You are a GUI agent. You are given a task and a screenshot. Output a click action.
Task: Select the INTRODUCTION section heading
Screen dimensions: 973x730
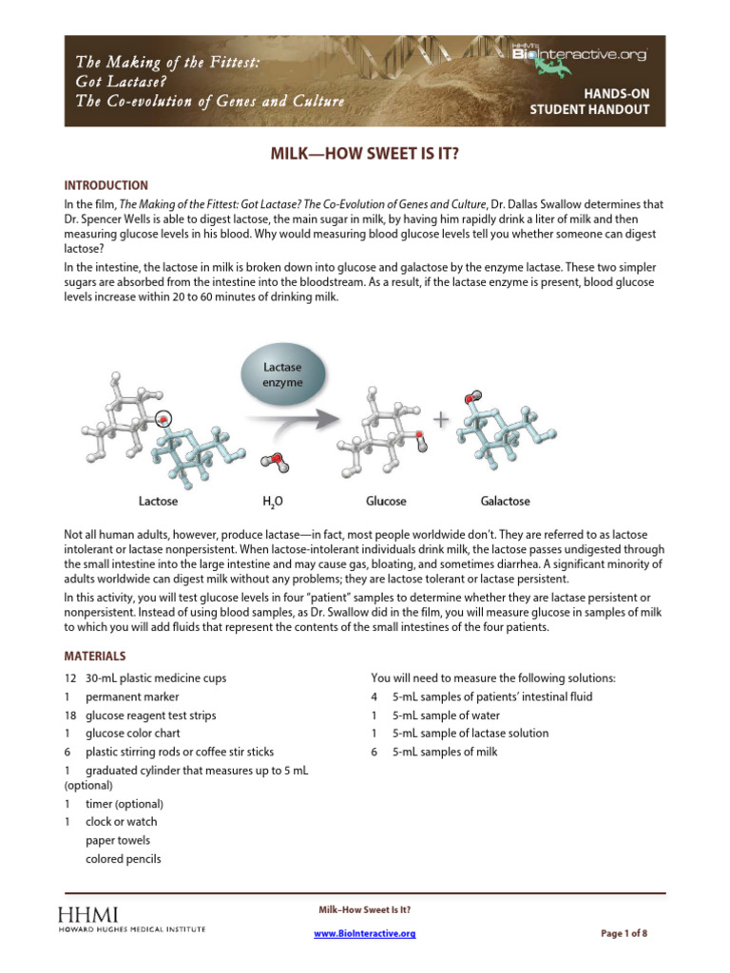tap(106, 185)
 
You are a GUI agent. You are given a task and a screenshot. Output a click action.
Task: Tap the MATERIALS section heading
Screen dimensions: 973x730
tap(94, 657)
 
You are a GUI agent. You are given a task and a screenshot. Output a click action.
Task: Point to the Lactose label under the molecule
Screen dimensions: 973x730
tap(158, 501)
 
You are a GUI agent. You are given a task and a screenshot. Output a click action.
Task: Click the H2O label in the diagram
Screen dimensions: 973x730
tap(273, 502)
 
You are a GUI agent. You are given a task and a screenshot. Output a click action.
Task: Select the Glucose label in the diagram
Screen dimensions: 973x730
tap(386, 501)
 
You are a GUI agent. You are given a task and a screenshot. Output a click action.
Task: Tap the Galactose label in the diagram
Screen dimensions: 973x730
tap(505, 501)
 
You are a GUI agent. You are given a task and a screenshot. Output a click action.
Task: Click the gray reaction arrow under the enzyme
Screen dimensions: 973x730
tap(285, 418)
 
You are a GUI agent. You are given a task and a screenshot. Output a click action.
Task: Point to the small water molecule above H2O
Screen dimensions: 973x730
tap(275, 463)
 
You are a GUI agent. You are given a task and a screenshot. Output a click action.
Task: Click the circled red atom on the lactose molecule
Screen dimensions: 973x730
tap(164, 417)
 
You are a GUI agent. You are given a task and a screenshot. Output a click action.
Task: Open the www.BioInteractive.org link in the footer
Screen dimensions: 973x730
tap(365, 934)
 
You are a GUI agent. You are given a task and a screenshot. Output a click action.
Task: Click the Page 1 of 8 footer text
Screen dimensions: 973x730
tap(624, 934)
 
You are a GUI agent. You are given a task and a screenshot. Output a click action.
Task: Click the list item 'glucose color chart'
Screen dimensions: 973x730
tap(132, 734)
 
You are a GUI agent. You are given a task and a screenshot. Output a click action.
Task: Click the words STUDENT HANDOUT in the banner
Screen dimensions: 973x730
tap(589, 109)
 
